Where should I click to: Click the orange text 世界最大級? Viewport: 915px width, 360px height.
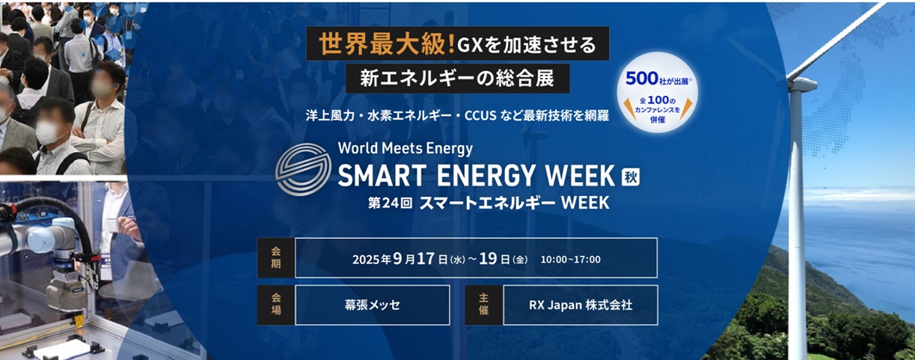387,44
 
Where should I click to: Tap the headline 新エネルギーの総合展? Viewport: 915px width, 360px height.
457,79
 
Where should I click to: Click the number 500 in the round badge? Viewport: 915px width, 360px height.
641,79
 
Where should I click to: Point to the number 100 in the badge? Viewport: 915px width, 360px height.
658,100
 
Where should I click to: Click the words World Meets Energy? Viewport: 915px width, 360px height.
406,148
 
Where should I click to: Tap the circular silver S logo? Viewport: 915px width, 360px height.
304,169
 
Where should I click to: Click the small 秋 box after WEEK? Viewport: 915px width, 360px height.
630,177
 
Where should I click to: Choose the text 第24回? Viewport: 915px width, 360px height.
390,203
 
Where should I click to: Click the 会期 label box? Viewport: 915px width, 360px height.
276,258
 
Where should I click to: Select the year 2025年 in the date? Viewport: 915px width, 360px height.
372,260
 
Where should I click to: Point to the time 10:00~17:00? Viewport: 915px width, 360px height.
571,260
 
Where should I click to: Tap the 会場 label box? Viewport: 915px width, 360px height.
276,305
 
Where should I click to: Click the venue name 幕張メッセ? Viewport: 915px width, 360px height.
372,305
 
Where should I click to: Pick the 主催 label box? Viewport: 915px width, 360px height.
484,305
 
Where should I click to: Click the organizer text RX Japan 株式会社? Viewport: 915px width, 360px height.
581,305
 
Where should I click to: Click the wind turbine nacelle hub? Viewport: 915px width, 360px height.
801,82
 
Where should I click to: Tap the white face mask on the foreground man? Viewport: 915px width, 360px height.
48,132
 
